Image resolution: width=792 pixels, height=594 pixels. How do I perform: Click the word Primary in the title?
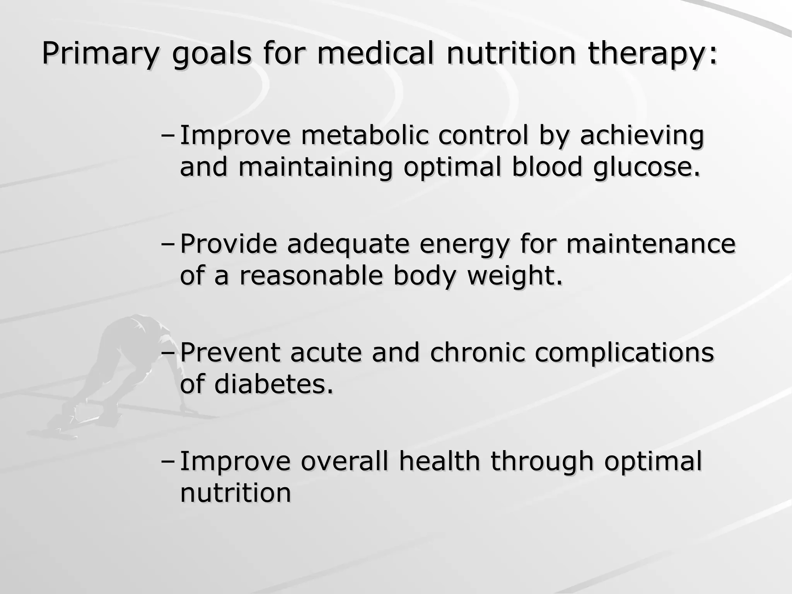(100, 54)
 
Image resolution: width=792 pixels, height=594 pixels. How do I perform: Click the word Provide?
(229, 244)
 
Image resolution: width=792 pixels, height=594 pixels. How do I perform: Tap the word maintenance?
(651, 244)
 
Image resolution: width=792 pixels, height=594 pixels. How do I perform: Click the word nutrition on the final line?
(235, 493)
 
